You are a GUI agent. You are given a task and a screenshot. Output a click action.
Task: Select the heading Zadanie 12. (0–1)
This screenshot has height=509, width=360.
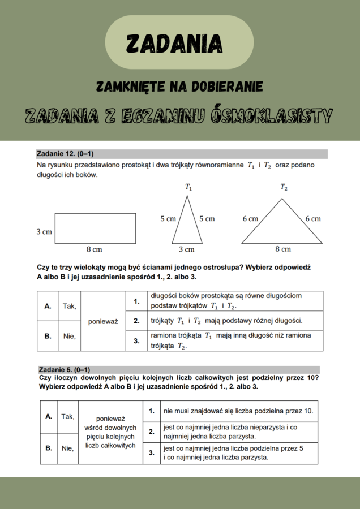[x=65, y=154]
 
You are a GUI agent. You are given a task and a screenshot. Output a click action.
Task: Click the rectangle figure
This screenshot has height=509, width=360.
[x=95, y=228]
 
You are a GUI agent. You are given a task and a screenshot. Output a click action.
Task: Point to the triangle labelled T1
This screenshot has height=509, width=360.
[x=187, y=223]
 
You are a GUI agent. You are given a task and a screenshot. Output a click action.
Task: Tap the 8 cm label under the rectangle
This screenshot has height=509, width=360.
[x=94, y=249]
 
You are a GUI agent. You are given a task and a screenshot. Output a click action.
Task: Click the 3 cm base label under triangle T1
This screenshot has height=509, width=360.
[x=187, y=249]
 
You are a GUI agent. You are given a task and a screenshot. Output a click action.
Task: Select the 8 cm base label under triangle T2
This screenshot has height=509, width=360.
[x=283, y=249]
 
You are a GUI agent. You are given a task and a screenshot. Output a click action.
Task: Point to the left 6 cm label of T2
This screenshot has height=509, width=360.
[x=250, y=219]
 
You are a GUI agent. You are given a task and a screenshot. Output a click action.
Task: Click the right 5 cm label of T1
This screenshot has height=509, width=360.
[x=207, y=219]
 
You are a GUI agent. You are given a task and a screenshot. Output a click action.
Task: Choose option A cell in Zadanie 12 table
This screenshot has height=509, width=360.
[x=48, y=306]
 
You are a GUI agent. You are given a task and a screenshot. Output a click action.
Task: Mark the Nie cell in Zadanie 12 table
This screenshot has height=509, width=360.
[x=70, y=336]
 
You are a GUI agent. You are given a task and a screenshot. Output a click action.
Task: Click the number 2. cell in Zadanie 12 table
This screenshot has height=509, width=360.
[x=136, y=321]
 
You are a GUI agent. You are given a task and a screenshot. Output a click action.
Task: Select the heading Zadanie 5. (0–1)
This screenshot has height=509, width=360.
[x=64, y=370]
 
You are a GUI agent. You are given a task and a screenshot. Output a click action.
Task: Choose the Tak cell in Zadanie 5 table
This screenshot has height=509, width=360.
[x=67, y=417]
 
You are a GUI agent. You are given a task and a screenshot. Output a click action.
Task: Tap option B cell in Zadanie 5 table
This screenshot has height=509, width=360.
[x=48, y=448]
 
